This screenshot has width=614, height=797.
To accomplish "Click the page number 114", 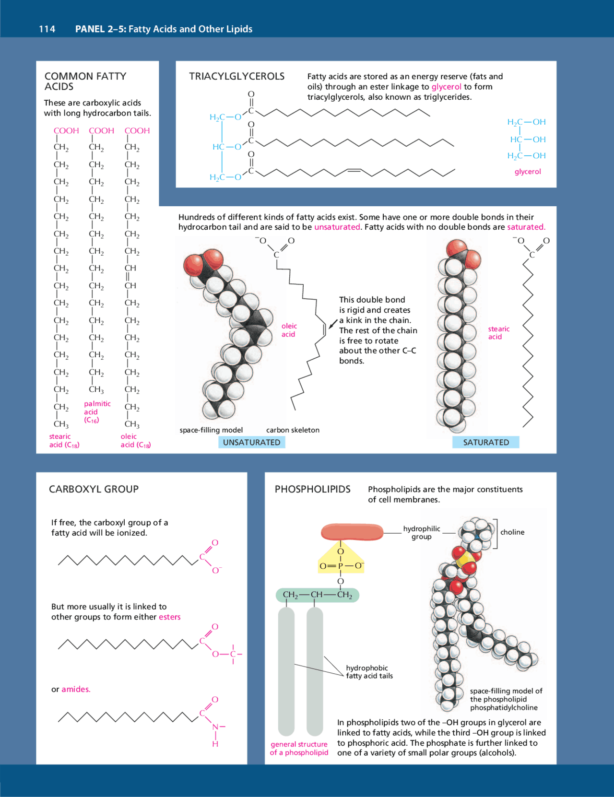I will (47, 29).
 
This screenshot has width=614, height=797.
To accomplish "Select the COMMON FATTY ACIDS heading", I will (85, 81).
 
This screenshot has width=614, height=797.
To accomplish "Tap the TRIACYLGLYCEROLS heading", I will (236, 76).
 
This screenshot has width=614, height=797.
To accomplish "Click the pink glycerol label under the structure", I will (527, 172).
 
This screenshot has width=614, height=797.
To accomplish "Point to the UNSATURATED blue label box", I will (251, 442).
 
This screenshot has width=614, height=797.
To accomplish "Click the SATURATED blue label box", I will (485, 442).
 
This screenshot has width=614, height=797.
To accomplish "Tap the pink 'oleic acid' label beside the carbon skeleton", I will (289, 330).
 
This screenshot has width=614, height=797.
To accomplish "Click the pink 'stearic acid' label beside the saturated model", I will (498, 333).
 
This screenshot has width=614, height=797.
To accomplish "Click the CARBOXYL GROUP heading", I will (94, 489).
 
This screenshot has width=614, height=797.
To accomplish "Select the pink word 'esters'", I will (170, 617).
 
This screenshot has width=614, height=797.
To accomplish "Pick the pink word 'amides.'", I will (76, 690).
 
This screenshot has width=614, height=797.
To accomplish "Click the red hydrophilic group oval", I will (352, 532).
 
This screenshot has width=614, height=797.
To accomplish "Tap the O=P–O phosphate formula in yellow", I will (341, 566).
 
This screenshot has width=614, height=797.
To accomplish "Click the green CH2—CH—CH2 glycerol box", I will (317, 595).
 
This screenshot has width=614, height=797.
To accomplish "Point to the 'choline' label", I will (512, 532).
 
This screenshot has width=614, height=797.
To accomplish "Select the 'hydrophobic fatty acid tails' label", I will (369, 672).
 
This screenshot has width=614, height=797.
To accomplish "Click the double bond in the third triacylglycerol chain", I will (354, 170).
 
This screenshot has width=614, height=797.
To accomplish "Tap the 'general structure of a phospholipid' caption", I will (299, 748).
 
